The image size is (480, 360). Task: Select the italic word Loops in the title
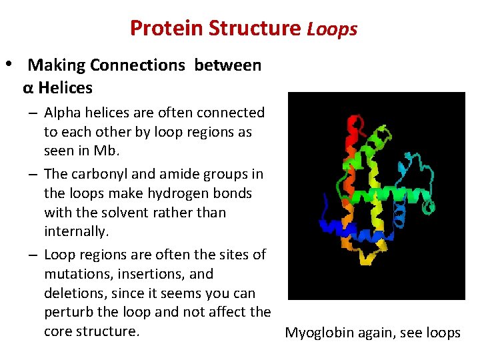click(x=332, y=29)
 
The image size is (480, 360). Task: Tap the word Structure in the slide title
click(x=255, y=29)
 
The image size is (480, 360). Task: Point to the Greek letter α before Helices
click(x=28, y=87)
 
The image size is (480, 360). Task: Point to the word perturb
click(x=70, y=312)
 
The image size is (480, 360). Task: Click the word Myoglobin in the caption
click(x=320, y=333)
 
